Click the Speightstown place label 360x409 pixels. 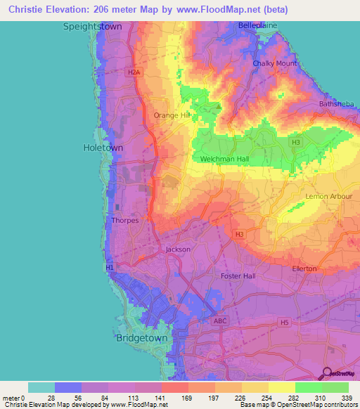tap(93, 26)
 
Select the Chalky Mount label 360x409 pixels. tap(275, 63)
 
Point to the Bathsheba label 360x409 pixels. tap(337, 104)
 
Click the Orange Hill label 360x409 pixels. tap(172, 115)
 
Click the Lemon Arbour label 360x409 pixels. tap(328, 196)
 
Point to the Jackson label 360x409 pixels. tap(178, 249)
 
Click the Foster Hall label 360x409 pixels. tap(238, 275)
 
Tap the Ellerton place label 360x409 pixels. tap(304, 268)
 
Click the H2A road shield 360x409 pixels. tap(134, 72)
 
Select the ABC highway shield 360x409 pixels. tap(221, 321)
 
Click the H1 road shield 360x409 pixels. tap(109, 267)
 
